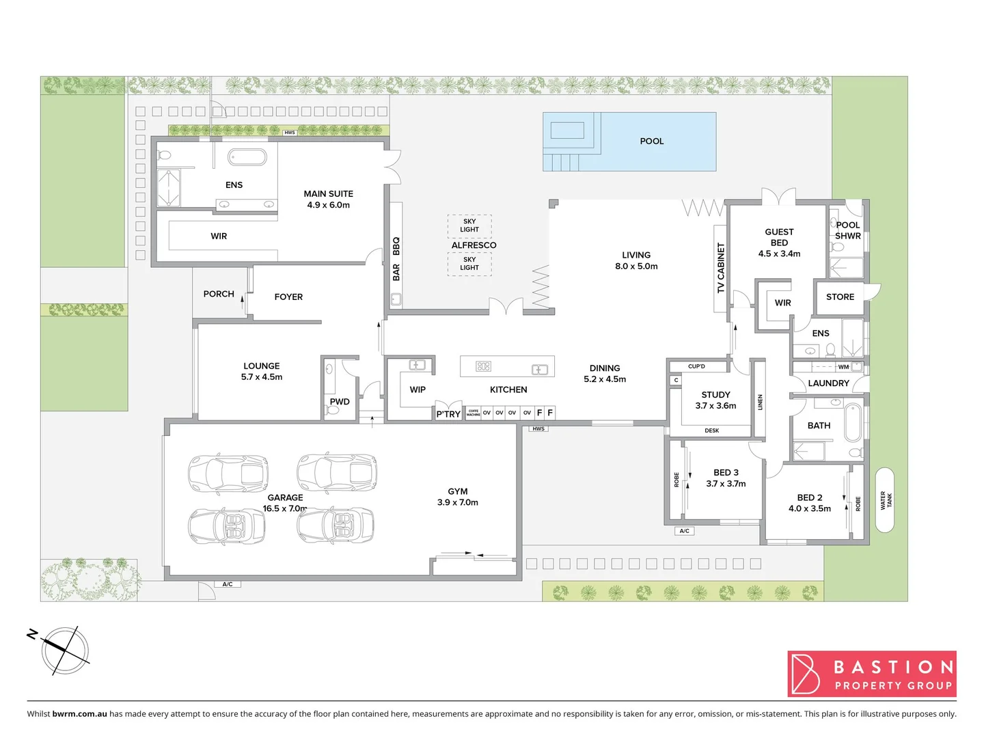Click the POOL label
click(x=651, y=141)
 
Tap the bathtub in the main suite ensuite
click(x=247, y=157)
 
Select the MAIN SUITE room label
click(x=328, y=199)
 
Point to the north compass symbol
click(x=65, y=651)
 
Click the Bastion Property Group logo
click(x=872, y=674)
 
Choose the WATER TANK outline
click(x=885, y=500)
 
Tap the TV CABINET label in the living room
click(x=720, y=268)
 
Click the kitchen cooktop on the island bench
click(x=483, y=367)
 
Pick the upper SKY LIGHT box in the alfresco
click(x=469, y=225)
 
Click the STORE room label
click(x=840, y=297)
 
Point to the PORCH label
click(x=219, y=294)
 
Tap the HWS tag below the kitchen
click(x=538, y=429)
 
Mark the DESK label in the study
click(x=711, y=431)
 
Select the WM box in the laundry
click(x=844, y=367)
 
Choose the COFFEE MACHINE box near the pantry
click(x=474, y=413)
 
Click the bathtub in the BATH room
click(x=852, y=424)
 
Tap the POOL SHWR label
click(x=848, y=230)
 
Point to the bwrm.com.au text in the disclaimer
click(x=79, y=714)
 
